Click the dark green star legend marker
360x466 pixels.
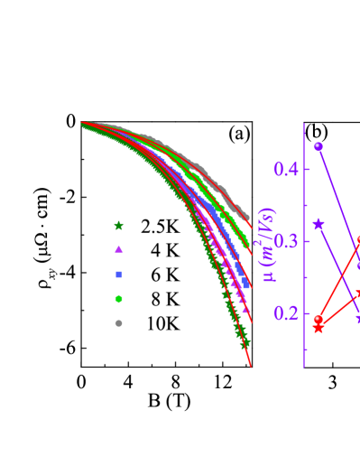pos(118,226)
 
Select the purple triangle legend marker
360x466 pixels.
pos(118,249)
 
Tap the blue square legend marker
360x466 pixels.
pos(118,274)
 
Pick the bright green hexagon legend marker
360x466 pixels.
pos(118,298)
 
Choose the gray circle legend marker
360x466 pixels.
pos(118,322)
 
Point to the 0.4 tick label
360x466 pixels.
pos(286,170)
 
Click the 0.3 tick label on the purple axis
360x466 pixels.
pos(286,241)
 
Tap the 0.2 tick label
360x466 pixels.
pos(286,313)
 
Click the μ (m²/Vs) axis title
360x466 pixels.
pos(268,244)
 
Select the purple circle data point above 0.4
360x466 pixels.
pos(318,146)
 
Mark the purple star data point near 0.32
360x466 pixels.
pos(318,224)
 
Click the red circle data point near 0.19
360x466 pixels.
pos(318,319)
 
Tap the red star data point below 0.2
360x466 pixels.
pos(318,328)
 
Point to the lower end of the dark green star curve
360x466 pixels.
pos(245,343)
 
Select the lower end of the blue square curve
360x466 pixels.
pos(247,285)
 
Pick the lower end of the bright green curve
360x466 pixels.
pos(246,245)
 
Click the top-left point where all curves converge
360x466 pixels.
pos(84,125)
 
